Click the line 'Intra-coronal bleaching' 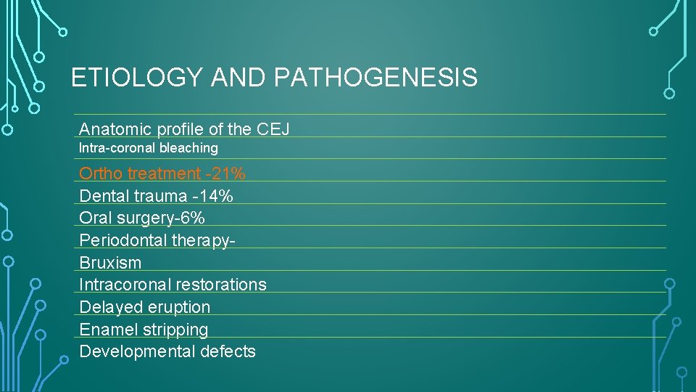click(148, 148)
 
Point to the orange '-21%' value click(225, 173)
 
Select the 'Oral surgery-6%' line click(142, 218)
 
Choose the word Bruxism click(110, 263)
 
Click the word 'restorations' click(222, 285)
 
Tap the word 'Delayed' click(109, 307)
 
